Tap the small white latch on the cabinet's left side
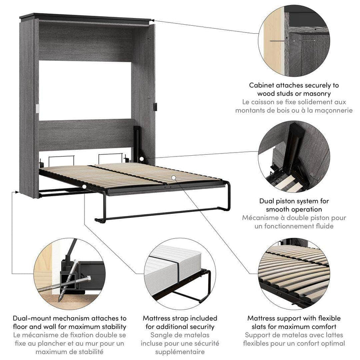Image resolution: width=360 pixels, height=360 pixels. pos(37,109)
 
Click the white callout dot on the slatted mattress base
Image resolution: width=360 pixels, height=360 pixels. pos(174,178)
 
